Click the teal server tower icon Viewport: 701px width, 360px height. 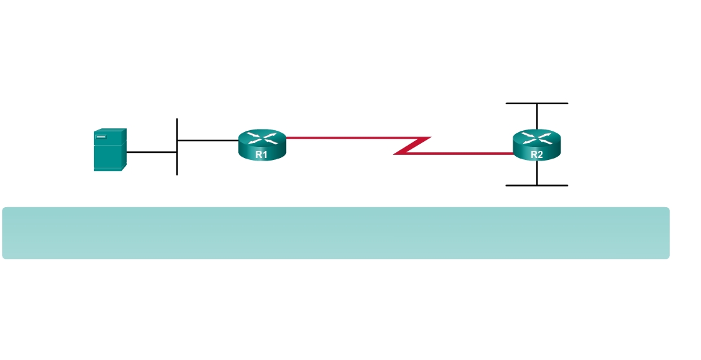[109, 150]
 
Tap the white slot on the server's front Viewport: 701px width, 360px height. [101, 136]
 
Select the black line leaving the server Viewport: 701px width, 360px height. [151, 152]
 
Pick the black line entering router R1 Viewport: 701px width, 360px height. [207, 140]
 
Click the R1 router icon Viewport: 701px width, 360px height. [261, 145]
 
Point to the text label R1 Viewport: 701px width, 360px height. [261, 154]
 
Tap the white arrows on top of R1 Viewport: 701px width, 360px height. [261, 137]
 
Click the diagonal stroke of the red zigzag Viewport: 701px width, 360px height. [412, 146]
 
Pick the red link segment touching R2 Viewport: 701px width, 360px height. [460, 153]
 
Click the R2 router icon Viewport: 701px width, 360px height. [537, 145]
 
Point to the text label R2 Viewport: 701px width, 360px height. [537, 154]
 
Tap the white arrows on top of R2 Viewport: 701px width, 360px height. [537, 137]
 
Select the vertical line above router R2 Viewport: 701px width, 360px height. [537, 116]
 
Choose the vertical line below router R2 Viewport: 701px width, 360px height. [537, 173]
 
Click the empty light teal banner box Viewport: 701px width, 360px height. [335, 233]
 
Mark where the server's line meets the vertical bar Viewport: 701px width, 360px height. [177, 152]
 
